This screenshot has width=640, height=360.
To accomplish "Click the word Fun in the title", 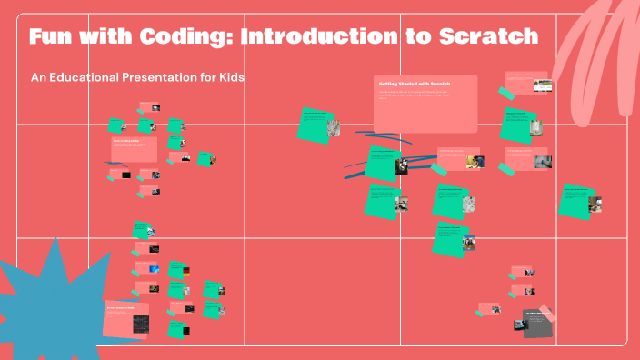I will click(52, 37).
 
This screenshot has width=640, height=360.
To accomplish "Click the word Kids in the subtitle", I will click(230, 77).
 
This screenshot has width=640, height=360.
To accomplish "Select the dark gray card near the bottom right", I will click(537, 324).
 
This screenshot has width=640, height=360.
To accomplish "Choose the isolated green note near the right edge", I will click(576, 200).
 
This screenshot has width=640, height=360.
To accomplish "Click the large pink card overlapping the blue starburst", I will click(126, 319).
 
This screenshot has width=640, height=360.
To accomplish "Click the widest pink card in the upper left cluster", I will click(134, 148).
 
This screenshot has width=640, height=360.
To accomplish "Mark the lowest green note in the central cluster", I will click(449, 238).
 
